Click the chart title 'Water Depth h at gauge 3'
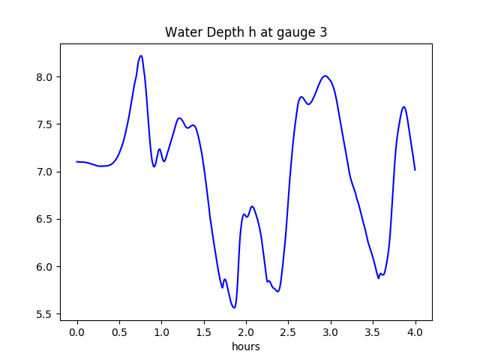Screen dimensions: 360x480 [x=246, y=33]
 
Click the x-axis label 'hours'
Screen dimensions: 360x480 [x=246, y=346]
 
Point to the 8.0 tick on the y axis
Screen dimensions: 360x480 [x=44, y=77]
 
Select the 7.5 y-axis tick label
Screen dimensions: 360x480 [x=44, y=124]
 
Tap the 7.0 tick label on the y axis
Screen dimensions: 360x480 [x=44, y=172]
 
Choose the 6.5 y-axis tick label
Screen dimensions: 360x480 [x=44, y=220]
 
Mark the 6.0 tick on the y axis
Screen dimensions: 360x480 [x=44, y=267]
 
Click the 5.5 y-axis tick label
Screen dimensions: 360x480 [x=44, y=314]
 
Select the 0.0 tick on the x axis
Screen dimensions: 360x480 [x=77, y=331]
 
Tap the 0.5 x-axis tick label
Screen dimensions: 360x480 [x=119, y=331]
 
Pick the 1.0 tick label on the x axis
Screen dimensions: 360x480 [x=161, y=331]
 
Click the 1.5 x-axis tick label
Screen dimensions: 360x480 [x=204, y=331]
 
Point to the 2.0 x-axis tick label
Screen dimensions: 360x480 [x=246, y=331]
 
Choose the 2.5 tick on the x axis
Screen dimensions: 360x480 [x=288, y=331]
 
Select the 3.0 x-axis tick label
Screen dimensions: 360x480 [x=331, y=331]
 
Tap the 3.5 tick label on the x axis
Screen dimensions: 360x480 [x=373, y=331]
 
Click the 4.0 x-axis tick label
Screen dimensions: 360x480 [x=415, y=331]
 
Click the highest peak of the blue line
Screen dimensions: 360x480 [x=140, y=55]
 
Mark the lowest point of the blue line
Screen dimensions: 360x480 [x=235, y=307]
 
